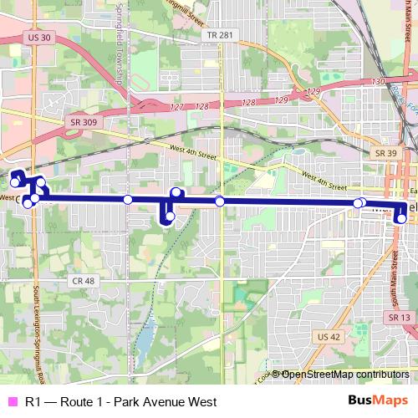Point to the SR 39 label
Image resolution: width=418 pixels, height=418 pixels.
(x=385, y=153)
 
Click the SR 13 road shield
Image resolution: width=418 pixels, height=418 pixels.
(x=399, y=318)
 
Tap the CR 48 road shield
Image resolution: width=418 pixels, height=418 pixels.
(x=83, y=281)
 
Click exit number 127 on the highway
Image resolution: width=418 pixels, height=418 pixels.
(x=176, y=106)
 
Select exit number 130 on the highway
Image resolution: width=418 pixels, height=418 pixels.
(x=377, y=82)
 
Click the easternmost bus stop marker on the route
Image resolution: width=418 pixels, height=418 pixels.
(x=401, y=219)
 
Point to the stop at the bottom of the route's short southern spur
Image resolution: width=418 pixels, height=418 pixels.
(x=170, y=217)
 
